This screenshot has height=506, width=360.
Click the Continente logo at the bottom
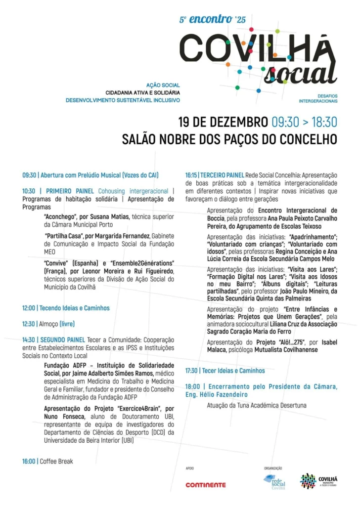point(205,485)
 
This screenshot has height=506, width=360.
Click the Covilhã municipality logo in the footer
point(318,481)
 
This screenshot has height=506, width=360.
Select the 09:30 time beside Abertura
point(29,175)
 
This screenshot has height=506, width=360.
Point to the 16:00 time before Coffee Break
point(29,461)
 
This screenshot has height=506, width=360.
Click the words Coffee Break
point(56,461)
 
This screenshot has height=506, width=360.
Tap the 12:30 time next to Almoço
point(29,324)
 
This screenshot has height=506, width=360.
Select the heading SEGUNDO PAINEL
point(63,340)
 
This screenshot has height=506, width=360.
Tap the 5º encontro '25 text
point(212,20)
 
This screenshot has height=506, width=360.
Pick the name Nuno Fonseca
point(62,416)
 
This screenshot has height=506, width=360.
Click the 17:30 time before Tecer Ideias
point(192,371)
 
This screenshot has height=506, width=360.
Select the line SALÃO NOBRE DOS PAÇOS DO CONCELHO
point(229,139)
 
